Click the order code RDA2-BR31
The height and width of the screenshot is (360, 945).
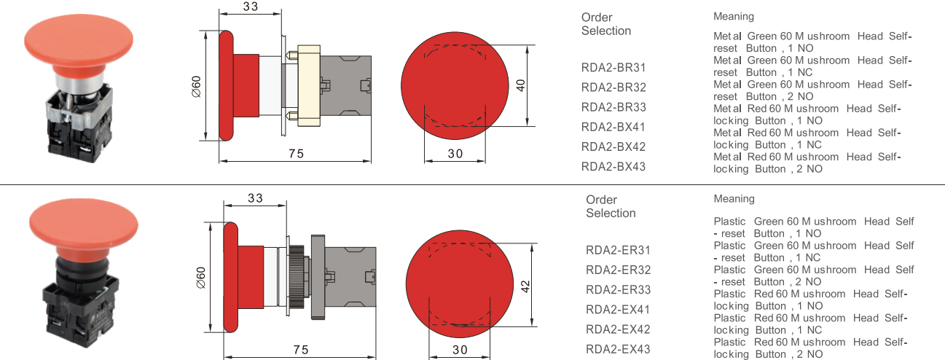point(613,68)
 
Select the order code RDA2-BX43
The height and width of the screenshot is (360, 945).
point(613,166)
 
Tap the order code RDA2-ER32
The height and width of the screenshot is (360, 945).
point(618,270)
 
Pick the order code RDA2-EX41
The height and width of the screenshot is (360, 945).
point(618,309)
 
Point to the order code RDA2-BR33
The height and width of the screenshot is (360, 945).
point(613,107)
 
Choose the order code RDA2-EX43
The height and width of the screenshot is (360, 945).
point(618,349)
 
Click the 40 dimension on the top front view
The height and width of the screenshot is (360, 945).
point(520,85)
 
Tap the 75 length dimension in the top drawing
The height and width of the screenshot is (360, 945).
point(295,153)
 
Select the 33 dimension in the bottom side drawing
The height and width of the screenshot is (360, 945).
point(255,198)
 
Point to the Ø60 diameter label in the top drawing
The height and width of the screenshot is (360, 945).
point(196,85)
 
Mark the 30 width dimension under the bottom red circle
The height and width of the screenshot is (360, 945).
point(459,350)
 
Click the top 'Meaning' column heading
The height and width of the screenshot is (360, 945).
point(734,16)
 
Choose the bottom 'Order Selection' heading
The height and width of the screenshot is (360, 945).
point(611,206)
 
